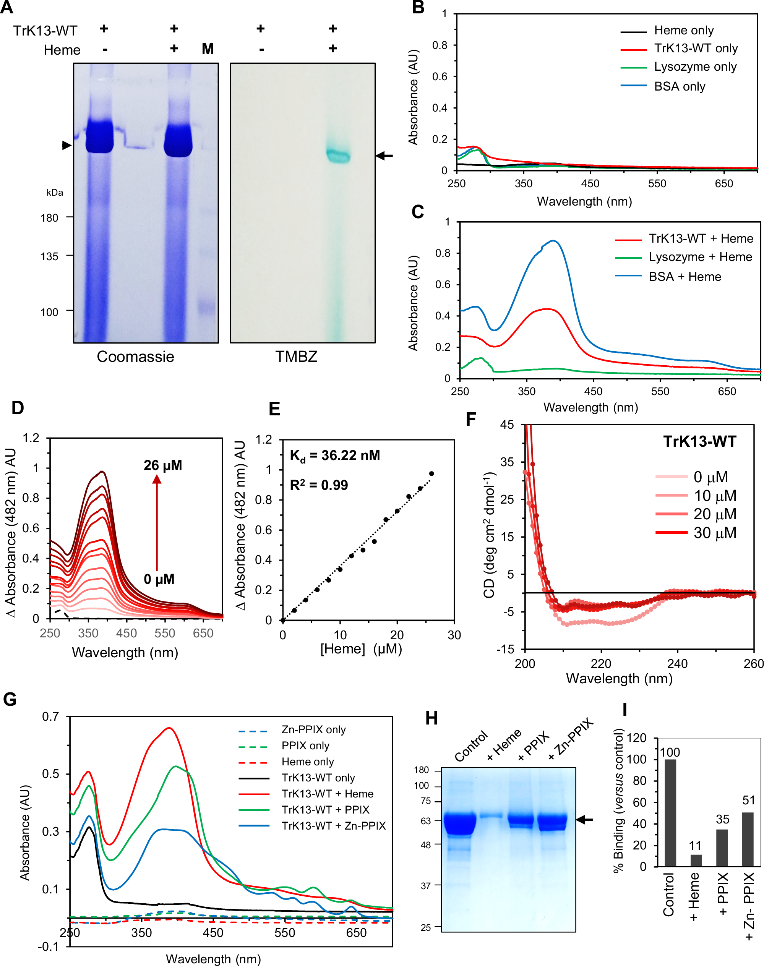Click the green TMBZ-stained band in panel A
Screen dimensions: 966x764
point(338,155)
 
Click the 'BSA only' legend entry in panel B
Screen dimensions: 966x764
point(679,86)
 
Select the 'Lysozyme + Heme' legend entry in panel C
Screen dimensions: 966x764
point(700,257)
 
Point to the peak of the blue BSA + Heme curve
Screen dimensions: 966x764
point(554,241)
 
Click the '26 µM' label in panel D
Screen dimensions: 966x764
point(163,465)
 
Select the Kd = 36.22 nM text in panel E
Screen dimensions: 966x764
point(334,456)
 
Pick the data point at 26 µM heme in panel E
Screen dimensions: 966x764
point(431,473)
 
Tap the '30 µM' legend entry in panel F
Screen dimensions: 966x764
point(714,533)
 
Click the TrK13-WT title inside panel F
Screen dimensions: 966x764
point(699,441)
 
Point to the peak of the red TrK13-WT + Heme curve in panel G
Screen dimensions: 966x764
point(169,728)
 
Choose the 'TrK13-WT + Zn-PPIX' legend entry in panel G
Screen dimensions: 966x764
point(333,826)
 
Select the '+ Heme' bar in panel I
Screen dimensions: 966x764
point(696,860)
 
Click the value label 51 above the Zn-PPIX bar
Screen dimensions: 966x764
point(748,800)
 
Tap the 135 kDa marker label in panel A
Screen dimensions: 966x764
point(49,257)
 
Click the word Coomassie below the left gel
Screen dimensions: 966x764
point(136,357)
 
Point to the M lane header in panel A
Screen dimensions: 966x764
point(208,49)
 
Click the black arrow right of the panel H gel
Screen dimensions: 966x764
point(584,819)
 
